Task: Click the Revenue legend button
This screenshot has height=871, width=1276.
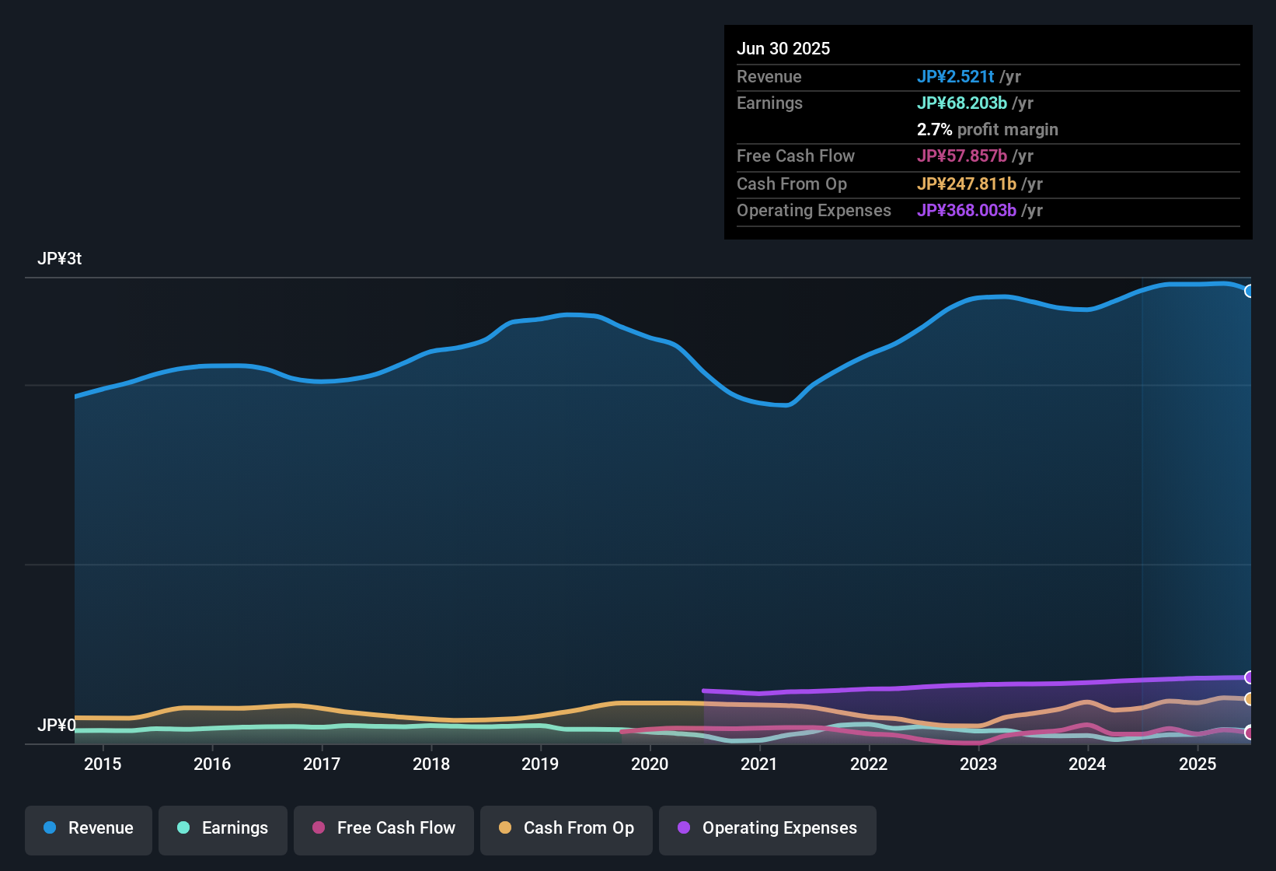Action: click(x=89, y=828)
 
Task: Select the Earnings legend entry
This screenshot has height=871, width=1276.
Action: click(x=223, y=828)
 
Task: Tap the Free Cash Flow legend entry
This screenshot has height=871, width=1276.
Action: click(x=384, y=828)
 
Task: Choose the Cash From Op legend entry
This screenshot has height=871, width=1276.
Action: click(x=567, y=828)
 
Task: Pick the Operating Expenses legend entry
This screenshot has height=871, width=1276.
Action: click(x=768, y=828)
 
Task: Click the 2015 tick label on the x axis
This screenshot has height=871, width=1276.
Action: click(x=103, y=764)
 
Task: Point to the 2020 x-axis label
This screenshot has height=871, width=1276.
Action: click(x=650, y=764)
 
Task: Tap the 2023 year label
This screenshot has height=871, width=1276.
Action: click(x=978, y=764)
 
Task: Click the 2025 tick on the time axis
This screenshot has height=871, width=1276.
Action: click(x=1197, y=764)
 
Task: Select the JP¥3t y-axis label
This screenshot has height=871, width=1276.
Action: click(x=60, y=259)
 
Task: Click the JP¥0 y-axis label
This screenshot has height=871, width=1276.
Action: click(x=57, y=726)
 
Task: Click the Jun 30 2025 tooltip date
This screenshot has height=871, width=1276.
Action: click(x=783, y=49)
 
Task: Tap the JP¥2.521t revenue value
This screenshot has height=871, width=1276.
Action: click(x=956, y=77)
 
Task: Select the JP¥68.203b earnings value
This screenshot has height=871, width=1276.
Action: click(x=962, y=103)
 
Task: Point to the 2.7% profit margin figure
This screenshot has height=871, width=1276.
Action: click(x=934, y=130)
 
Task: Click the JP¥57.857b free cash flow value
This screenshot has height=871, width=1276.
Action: click(x=962, y=156)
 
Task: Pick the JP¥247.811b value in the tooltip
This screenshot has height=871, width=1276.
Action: click(x=967, y=184)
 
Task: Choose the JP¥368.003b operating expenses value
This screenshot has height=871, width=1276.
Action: click(x=967, y=211)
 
